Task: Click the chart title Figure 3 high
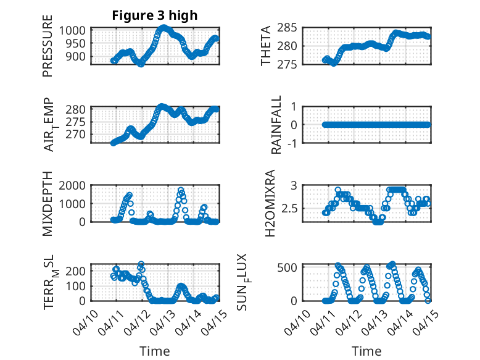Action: click(x=154, y=15)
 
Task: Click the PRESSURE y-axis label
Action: click(x=48, y=51)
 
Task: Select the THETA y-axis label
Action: click(x=266, y=46)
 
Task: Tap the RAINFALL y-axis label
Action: click(x=277, y=124)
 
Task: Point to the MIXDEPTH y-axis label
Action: click(x=48, y=204)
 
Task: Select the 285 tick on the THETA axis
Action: click(x=290, y=27)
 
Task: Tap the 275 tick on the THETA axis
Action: click(x=290, y=64)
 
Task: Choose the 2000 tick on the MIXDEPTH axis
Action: click(x=78, y=185)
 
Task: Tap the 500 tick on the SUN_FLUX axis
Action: click(x=290, y=267)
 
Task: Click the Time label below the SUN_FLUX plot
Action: click(x=366, y=351)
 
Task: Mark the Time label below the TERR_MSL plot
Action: click(x=154, y=351)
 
